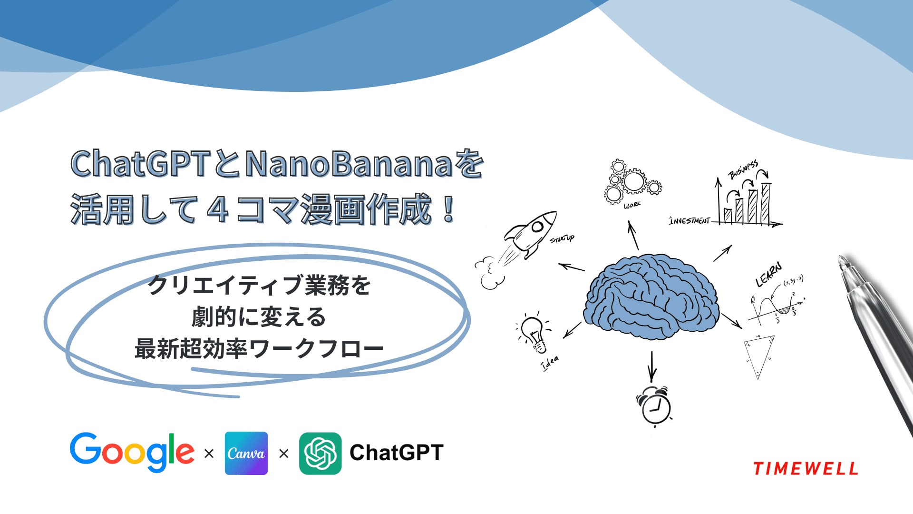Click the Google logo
pos(132,452)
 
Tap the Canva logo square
pos(246,453)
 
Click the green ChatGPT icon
pos(320,453)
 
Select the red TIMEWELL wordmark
pos(806,469)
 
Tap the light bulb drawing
pos(534,333)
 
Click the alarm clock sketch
pos(654,406)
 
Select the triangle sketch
pos(759,355)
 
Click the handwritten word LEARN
pos(768,275)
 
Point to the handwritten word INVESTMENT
pos(689,221)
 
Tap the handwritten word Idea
pos(550,363)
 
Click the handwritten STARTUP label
pos(562,238)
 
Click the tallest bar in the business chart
pos(765,203)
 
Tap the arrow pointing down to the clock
pos(652,366)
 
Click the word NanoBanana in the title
pos(349,164)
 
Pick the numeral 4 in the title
pos(218,210)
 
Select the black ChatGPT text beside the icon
pos(396,453)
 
